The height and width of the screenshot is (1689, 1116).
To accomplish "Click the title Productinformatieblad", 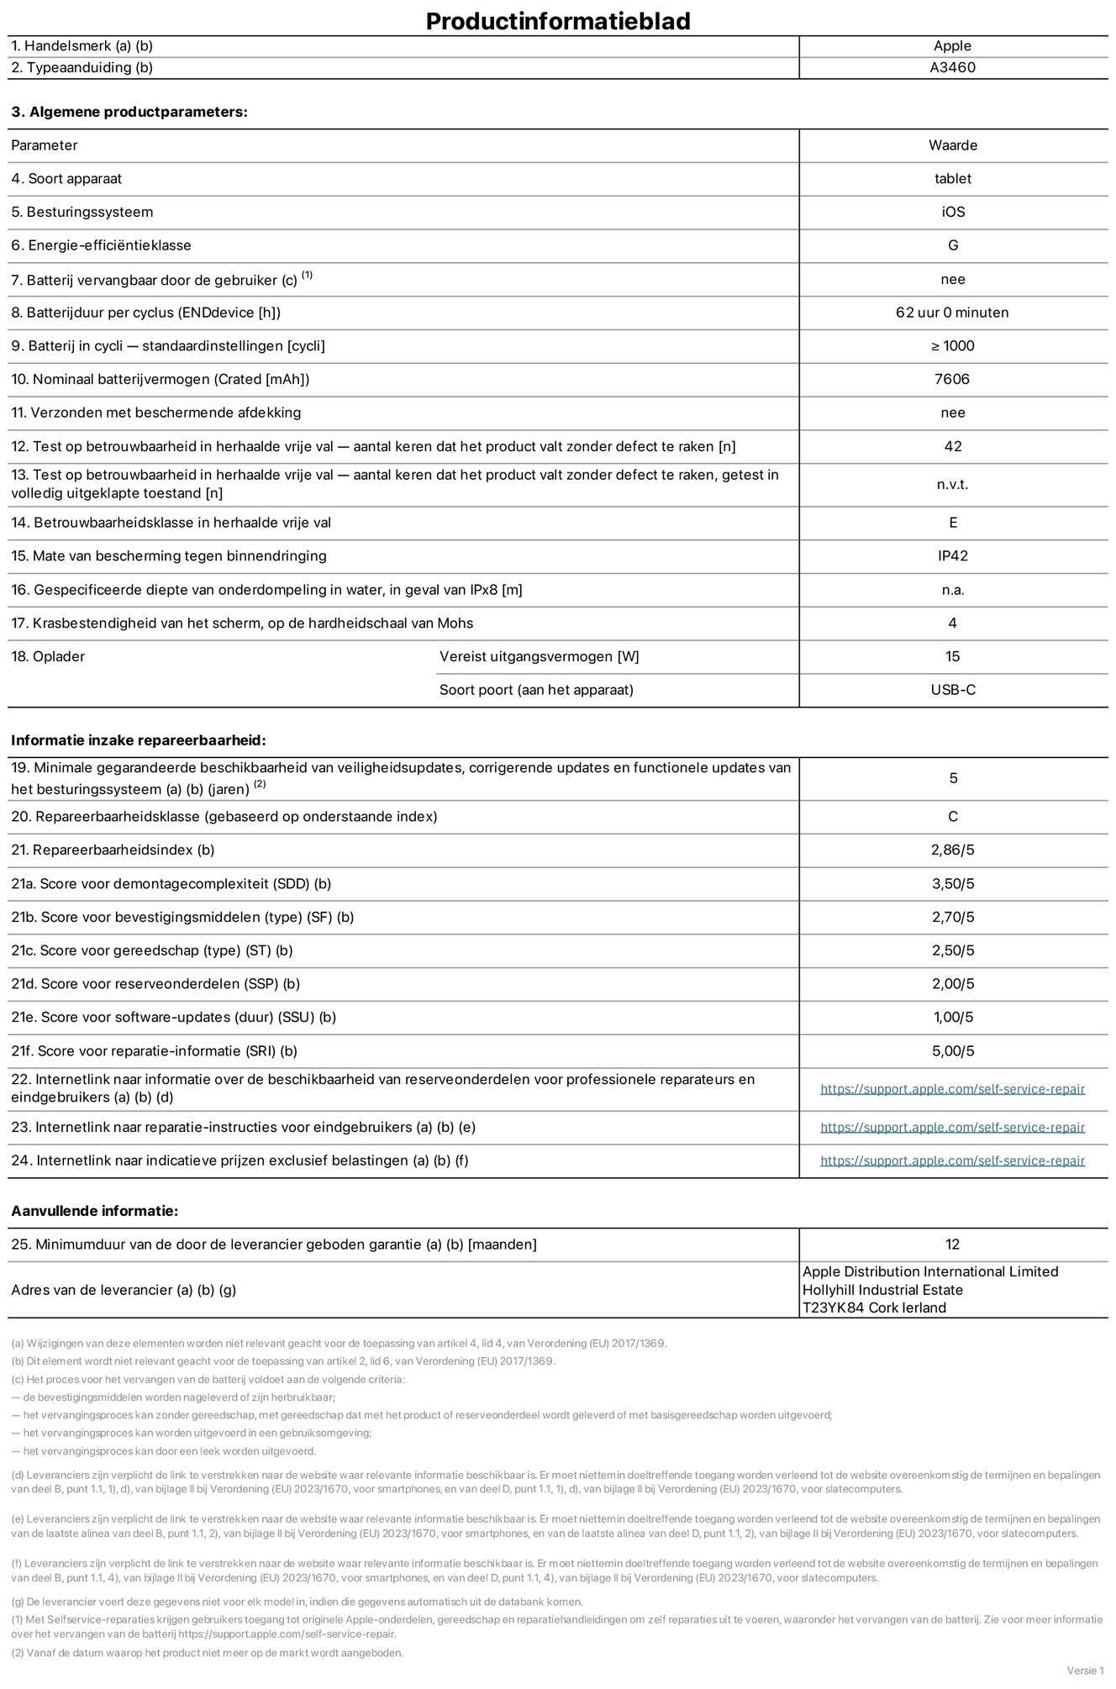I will click(x=558, y=21).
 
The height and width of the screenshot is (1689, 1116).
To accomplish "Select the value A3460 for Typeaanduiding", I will click(x=952, y=67).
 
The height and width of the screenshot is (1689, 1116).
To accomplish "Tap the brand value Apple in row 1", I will click(x=952, y=46).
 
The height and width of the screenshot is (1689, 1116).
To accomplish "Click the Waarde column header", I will click(x=952, y=145).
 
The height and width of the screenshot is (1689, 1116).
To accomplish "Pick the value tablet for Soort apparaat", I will click(x=952, y=179).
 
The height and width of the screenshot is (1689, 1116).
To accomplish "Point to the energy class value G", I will click(x=952, y=245).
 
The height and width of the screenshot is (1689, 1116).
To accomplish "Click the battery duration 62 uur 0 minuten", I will click(x=952, y=313).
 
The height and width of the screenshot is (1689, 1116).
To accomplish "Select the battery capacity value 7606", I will click(x=952, y=379).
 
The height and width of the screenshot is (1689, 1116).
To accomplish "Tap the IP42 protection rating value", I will click(x=952, y=556).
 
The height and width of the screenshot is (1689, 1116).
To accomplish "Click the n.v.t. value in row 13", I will click(x=952, y=485).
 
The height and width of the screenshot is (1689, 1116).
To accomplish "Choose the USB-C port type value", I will click(x=952, y=690).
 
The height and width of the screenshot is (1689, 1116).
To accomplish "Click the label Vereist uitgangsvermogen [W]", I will click(x=539, y=656).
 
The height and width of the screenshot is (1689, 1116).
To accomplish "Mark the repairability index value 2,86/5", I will click(x=952, y=850).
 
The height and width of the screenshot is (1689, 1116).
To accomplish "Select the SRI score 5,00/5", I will click(x=952, y=1051).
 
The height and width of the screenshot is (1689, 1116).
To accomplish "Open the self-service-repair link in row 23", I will click(x=952, y=1128).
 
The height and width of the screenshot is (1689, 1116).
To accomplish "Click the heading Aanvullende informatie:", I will click(x=94, y=1211).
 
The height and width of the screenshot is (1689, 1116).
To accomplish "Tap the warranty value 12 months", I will click(x=952, y=1244).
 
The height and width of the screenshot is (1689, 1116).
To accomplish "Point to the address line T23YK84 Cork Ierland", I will click(x=874, y=1308).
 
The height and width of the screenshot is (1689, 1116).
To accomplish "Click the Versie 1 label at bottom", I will click(x=1085, y=1671).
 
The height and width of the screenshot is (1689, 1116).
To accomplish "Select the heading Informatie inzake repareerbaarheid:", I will click(x=138, y=740).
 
